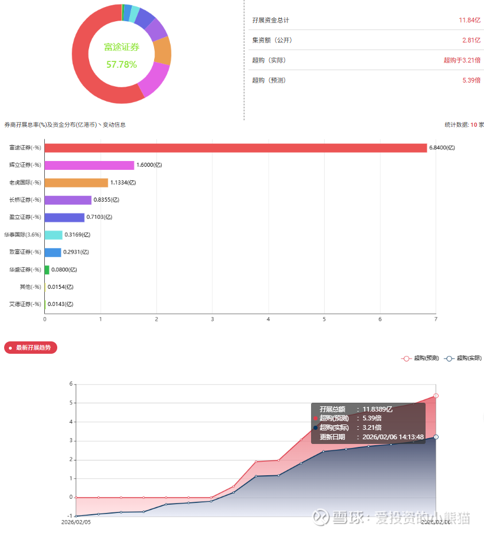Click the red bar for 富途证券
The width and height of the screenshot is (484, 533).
click(236, 148)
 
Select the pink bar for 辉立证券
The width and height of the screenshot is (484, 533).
click(89, 165)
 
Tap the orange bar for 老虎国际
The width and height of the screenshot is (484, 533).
click(76, 183)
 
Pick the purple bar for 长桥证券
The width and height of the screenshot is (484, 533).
click(68, 200)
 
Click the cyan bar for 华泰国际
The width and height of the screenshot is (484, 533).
click(53, 235)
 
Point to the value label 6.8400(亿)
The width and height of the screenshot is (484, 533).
click(442, 148)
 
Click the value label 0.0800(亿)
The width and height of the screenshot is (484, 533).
click(64, 269)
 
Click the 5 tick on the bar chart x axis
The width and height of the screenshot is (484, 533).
click(324, 320)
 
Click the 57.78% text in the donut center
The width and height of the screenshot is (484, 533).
click(122, 64)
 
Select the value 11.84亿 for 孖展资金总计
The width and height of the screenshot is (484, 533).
click(470, 20)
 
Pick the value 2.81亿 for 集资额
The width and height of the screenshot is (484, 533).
click(472, 40)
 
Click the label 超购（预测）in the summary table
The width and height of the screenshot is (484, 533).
click(269, 80)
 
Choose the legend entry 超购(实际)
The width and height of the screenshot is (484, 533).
click(464, 358)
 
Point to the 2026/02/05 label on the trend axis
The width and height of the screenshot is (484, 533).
click(76, 522)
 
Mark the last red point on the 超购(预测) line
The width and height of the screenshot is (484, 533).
click(436, 396)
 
